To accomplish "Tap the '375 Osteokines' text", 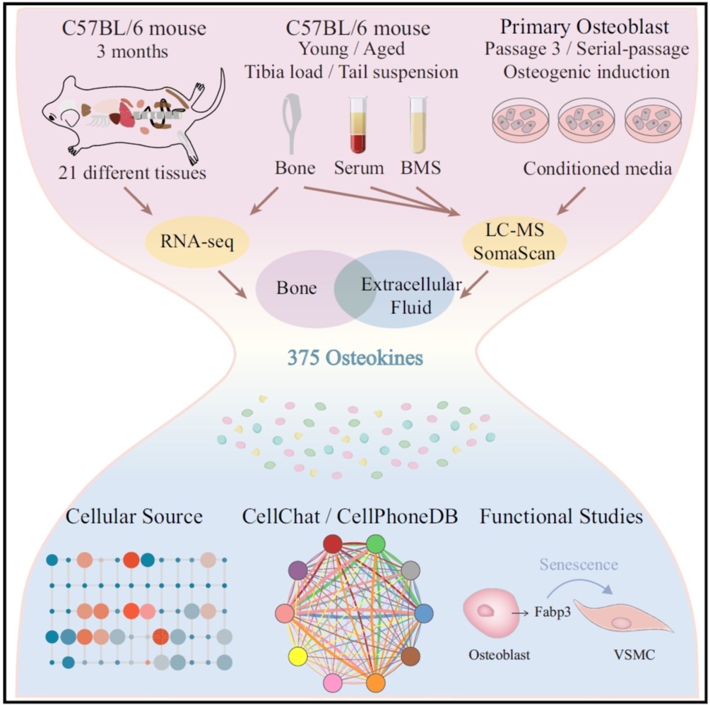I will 355,358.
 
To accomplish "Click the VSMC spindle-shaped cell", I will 622,618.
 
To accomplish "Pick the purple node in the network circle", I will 299,569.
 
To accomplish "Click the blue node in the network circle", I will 423,613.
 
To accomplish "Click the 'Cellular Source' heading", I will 134,517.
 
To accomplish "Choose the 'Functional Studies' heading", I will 562,517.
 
